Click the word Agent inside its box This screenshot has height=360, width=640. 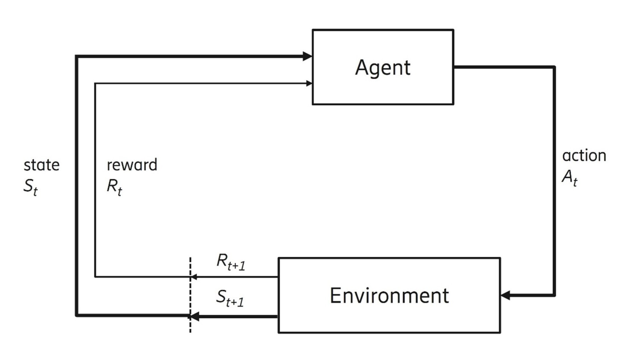tap(383, 67)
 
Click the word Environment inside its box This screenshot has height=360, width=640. tap(389, 296)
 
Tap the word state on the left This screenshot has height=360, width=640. tap(41, 165)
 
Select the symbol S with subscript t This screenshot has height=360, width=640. tap(30, 186)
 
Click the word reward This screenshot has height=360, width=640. tap(132, 165)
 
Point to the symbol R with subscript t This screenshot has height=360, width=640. tap(114, 186)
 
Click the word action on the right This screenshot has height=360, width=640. tap(584, 155)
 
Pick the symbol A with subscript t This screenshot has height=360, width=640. tap(570, 177)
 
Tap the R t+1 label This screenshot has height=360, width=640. tap(231, 261)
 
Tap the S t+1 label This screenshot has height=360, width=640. tap(230, 298)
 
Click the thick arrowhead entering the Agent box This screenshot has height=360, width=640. tap(307, 56)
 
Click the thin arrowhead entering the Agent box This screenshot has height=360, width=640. tap(309, 84)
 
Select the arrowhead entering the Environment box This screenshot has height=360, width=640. tap(506, 295)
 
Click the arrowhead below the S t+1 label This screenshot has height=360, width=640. tap(195, 316)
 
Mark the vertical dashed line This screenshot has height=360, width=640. tap(190, 294)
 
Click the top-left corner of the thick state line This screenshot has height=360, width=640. tap(76, 56)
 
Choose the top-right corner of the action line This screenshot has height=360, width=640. tap(554, 67)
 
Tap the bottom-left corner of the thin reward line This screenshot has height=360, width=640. tap(95, 277)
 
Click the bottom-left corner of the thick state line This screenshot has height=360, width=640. tap(76, 316)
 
